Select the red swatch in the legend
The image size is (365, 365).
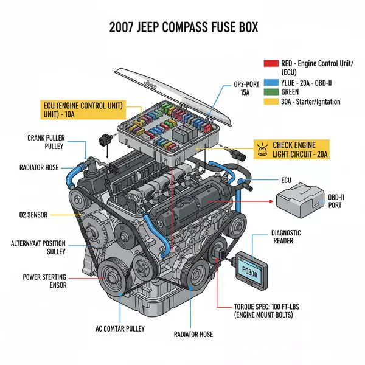pyautogui.click(x=270, y=63)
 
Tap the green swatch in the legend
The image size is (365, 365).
pyautogui.click(x=270, y=92)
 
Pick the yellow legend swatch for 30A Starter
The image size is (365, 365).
pyautogui.click(x=270, y=102)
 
